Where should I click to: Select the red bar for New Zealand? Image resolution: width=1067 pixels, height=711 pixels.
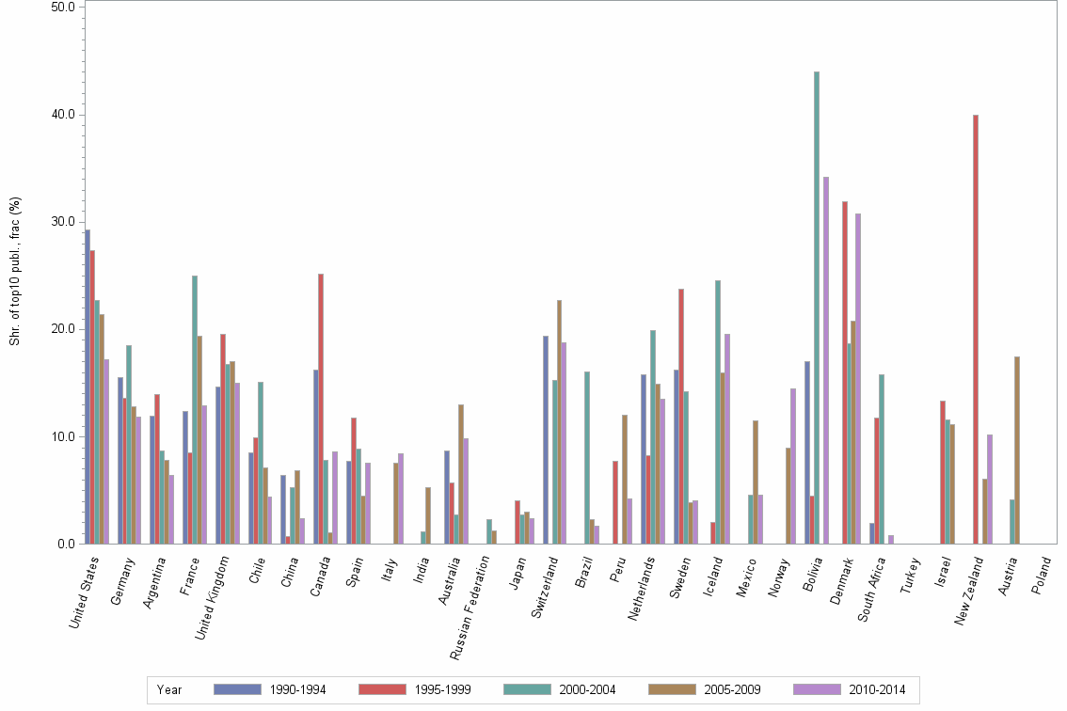click(976, 329)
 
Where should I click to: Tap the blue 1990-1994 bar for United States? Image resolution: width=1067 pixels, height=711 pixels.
click(88, 387)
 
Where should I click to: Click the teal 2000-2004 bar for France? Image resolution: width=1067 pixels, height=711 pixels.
click(195, 409)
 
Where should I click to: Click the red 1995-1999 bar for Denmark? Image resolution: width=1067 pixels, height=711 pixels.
click(845, 372)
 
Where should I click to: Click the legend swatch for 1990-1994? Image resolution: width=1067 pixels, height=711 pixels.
click(237, 689)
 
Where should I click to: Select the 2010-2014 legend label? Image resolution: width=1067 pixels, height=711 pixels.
click(876, 690)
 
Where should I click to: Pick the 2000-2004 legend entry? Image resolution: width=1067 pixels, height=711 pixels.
click(586, 690)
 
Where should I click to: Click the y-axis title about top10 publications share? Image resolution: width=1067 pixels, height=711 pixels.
click(15, 271)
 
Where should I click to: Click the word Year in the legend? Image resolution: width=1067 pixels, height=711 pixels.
click(169, 690)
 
